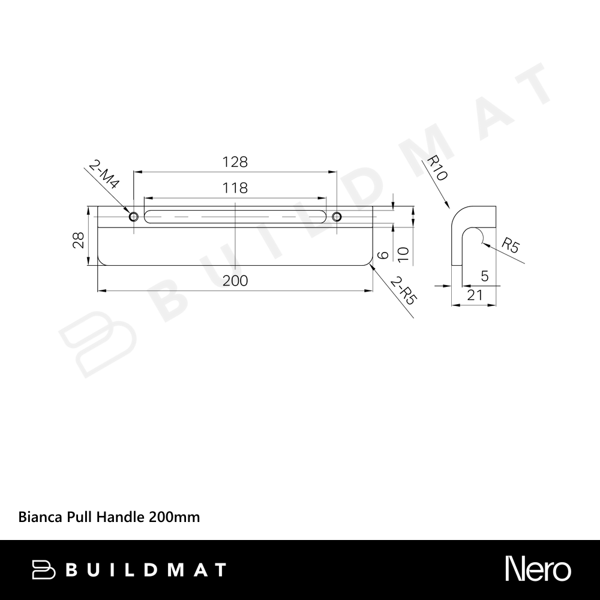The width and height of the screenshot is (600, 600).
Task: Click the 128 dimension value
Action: [235, 162]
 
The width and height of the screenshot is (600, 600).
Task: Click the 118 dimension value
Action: [235, 188]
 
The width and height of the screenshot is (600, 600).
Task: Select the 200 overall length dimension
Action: [235, 281]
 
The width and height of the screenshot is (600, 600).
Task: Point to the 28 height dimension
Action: [79, 240]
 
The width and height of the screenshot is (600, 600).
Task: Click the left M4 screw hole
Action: [134, 217]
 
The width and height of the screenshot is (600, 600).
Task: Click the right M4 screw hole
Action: [337, 217]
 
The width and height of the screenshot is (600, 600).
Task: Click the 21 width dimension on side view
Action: [475, 295]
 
